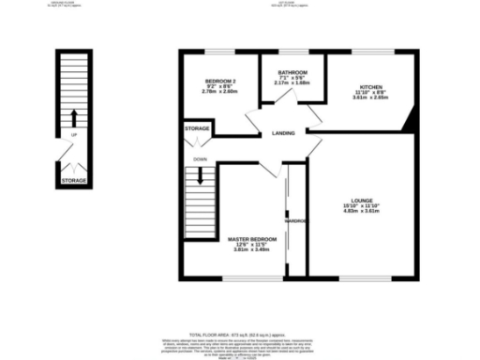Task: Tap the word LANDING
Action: pyautogui.click(x=284, y=133)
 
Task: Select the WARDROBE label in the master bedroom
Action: pyautogui.click(x=296, y=221)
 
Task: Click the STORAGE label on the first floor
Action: pyautogui.click(x=197, y=127)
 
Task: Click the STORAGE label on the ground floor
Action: pyautogui.click(x=74, y=179)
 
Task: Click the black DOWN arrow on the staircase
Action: pyautogui.click(x=200, y=173)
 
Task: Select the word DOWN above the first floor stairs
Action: pyautogui.click(x=200, y=159)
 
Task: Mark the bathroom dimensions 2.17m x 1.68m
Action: pyautogui.click(x=292, y=82)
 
